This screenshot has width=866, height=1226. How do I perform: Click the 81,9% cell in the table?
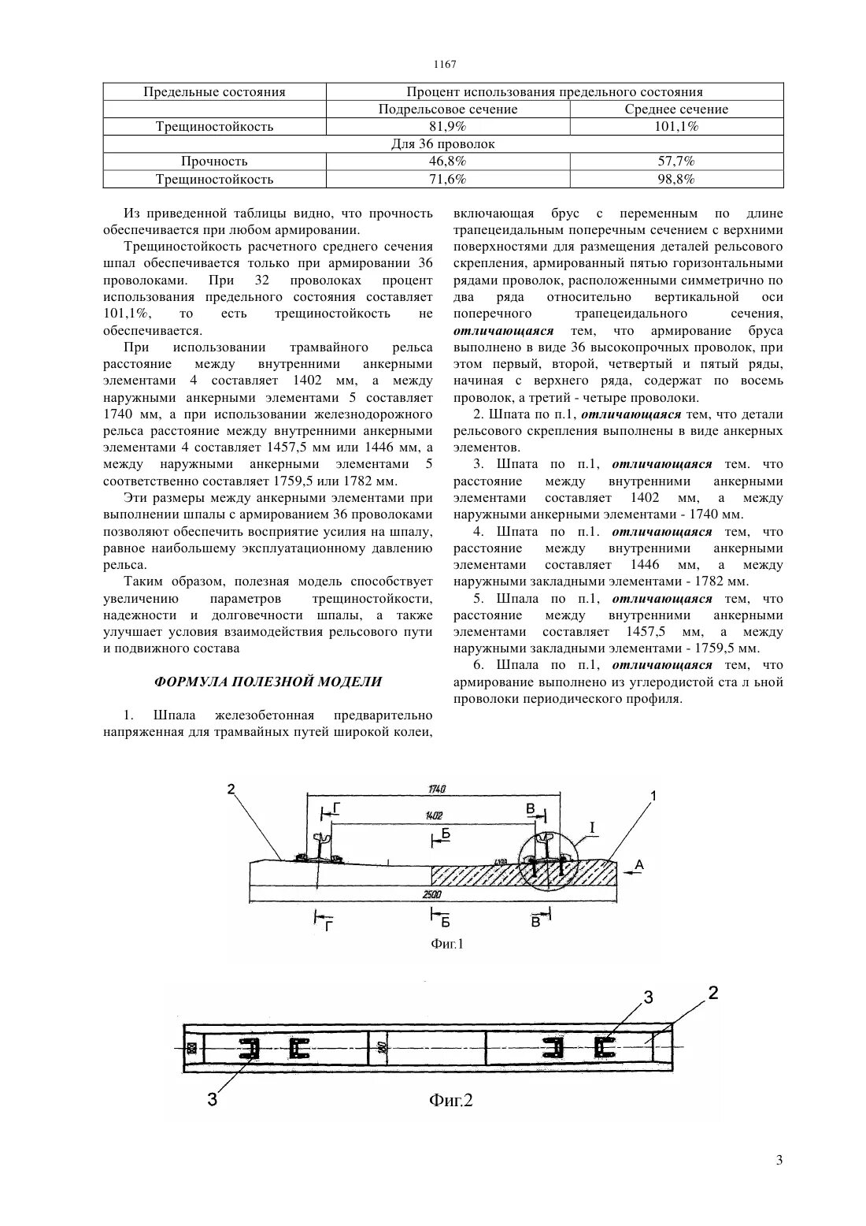tap(448, 127)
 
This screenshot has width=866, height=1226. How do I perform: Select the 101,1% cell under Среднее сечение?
tap(676, 127)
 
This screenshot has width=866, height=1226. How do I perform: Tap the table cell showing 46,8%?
tap(448, 162)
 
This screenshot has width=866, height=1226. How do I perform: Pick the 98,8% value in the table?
tap(676, 179)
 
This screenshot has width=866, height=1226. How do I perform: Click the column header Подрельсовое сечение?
tap(448, 110)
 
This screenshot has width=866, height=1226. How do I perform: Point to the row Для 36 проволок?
tap(443, 144)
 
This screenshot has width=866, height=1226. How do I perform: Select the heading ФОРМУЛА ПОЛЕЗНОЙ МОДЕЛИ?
tap(268, 682)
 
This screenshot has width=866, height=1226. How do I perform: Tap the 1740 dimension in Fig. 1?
tap(437, 789)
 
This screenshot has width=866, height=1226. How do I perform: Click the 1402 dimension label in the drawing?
tap(433, 815)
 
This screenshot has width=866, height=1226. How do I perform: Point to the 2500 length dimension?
tap(431, 895)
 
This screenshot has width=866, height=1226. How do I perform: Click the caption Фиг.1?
tap(447, 943)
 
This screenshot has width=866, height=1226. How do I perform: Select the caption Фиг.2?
tap(450, 1100)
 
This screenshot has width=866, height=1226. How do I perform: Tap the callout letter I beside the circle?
tap(592, 827)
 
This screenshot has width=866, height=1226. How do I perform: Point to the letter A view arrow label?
tap(639, 864)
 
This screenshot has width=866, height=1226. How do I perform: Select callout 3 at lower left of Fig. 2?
tap(213, 1100)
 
